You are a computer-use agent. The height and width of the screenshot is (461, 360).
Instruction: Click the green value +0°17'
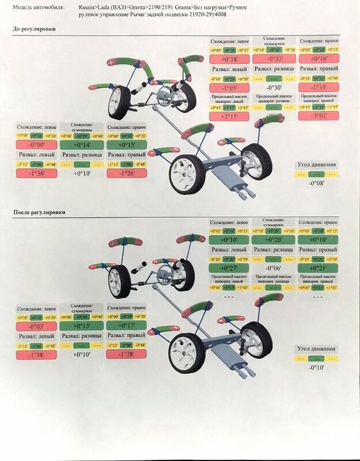[x=126, y=326]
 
